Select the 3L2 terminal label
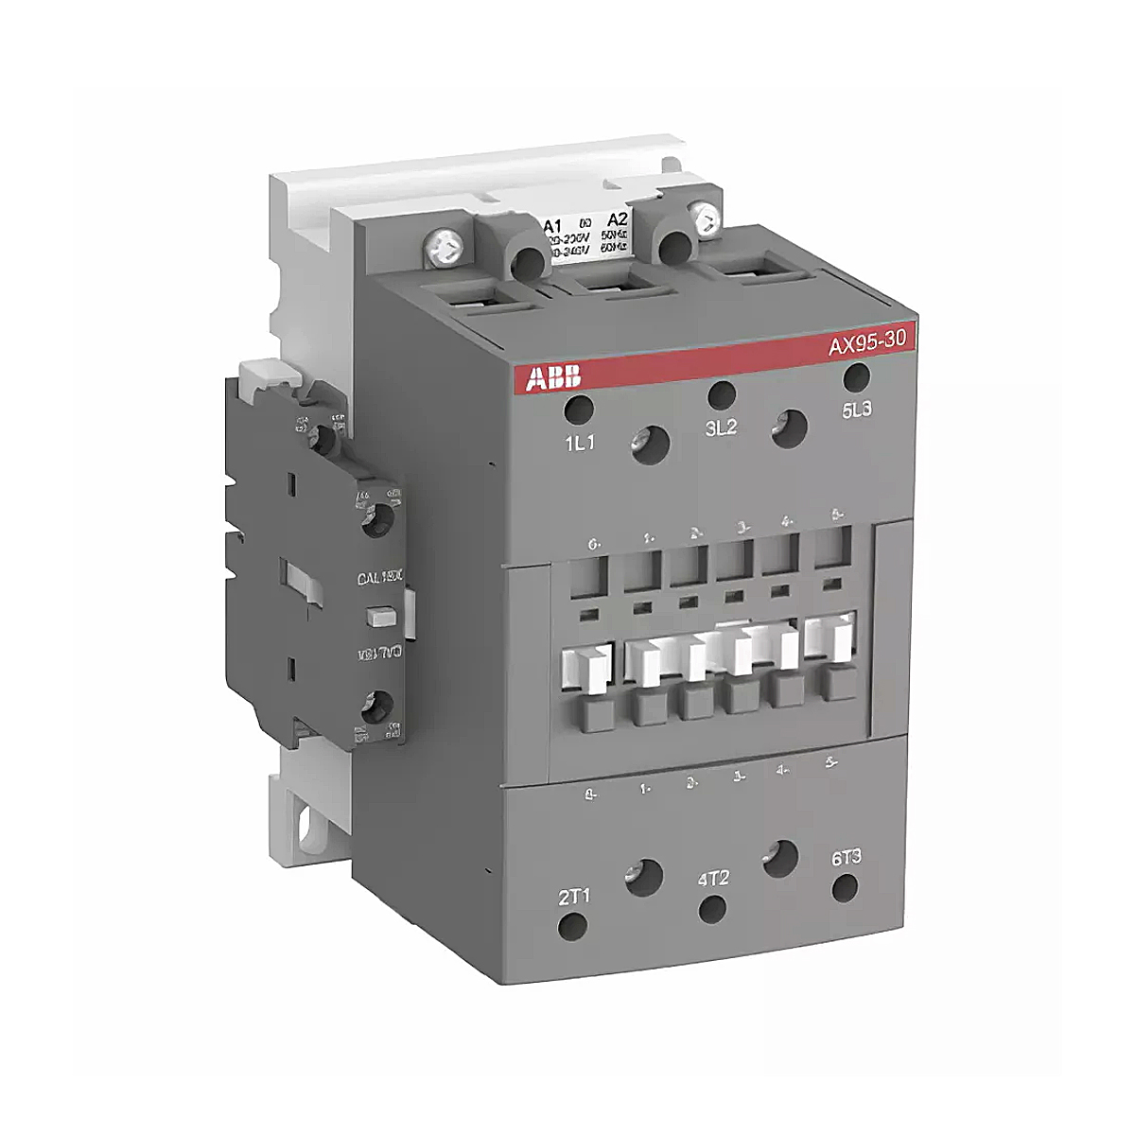(720, 428)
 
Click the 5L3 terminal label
(859, 411)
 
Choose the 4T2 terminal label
(712, 877)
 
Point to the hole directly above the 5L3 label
(856, 376)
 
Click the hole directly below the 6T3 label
(844, 887)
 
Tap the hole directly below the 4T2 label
(711, 909)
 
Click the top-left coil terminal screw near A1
(445, 249)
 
